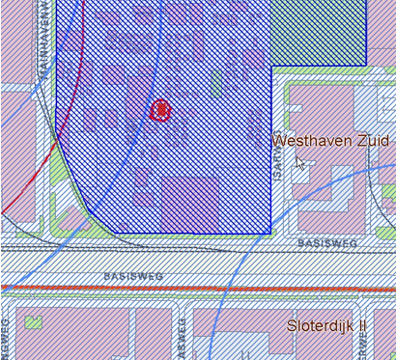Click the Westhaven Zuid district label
pyautogui.click(x=331, y=141)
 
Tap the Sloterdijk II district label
pyautogui.click(x=326, y=326)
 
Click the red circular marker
pyautogui.click(x=162, y=110)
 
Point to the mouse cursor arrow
pyautogui.click(x=299, y=162)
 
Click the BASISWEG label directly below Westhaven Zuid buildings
pyautogui.click(x=326, y=243)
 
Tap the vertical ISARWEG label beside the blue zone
pyautogui.click(x=278, y=156)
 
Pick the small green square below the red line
pyautogui.click(x=33, y=322)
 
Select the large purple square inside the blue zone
pyautogui.click(x=189, y=203)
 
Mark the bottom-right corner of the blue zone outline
pyautogui.click(x=269, y=233)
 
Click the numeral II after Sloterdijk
pyautogui.click(x=361, y=326)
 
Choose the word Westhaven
pyautogui.click(x=312, y=141)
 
